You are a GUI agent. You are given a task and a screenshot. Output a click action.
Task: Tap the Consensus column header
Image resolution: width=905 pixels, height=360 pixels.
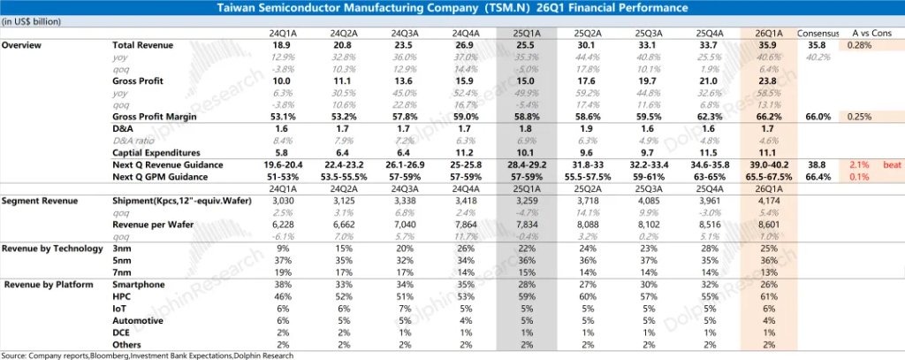(818, 34)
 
